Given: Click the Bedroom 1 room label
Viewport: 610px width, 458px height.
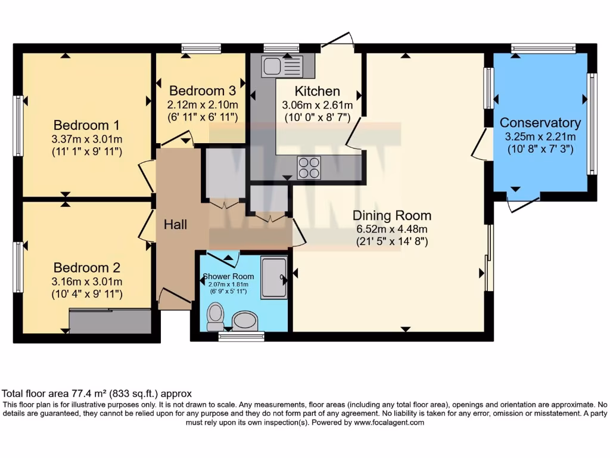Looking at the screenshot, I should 86,125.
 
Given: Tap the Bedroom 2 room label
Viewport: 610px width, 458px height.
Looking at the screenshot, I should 86,267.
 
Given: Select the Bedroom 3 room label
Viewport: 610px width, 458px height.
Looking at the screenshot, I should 203,91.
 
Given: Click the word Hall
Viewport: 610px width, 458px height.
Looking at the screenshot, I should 175,224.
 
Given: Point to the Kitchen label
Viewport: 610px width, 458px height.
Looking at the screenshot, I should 318,91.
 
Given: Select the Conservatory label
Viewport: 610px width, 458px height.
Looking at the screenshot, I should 540,123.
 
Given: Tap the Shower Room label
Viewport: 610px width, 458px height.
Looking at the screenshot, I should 229,276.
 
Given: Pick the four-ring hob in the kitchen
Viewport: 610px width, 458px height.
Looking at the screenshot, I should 309,167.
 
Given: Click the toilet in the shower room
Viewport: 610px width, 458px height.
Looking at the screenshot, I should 214,316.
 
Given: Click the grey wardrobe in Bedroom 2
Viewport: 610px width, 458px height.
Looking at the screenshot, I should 110,321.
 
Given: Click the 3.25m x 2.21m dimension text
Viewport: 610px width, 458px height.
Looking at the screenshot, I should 540,137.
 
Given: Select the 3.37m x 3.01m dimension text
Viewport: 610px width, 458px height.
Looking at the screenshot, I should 86,139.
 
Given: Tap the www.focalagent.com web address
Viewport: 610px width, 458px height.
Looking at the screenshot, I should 390,422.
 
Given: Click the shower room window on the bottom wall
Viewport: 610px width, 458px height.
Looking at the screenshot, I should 241,337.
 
